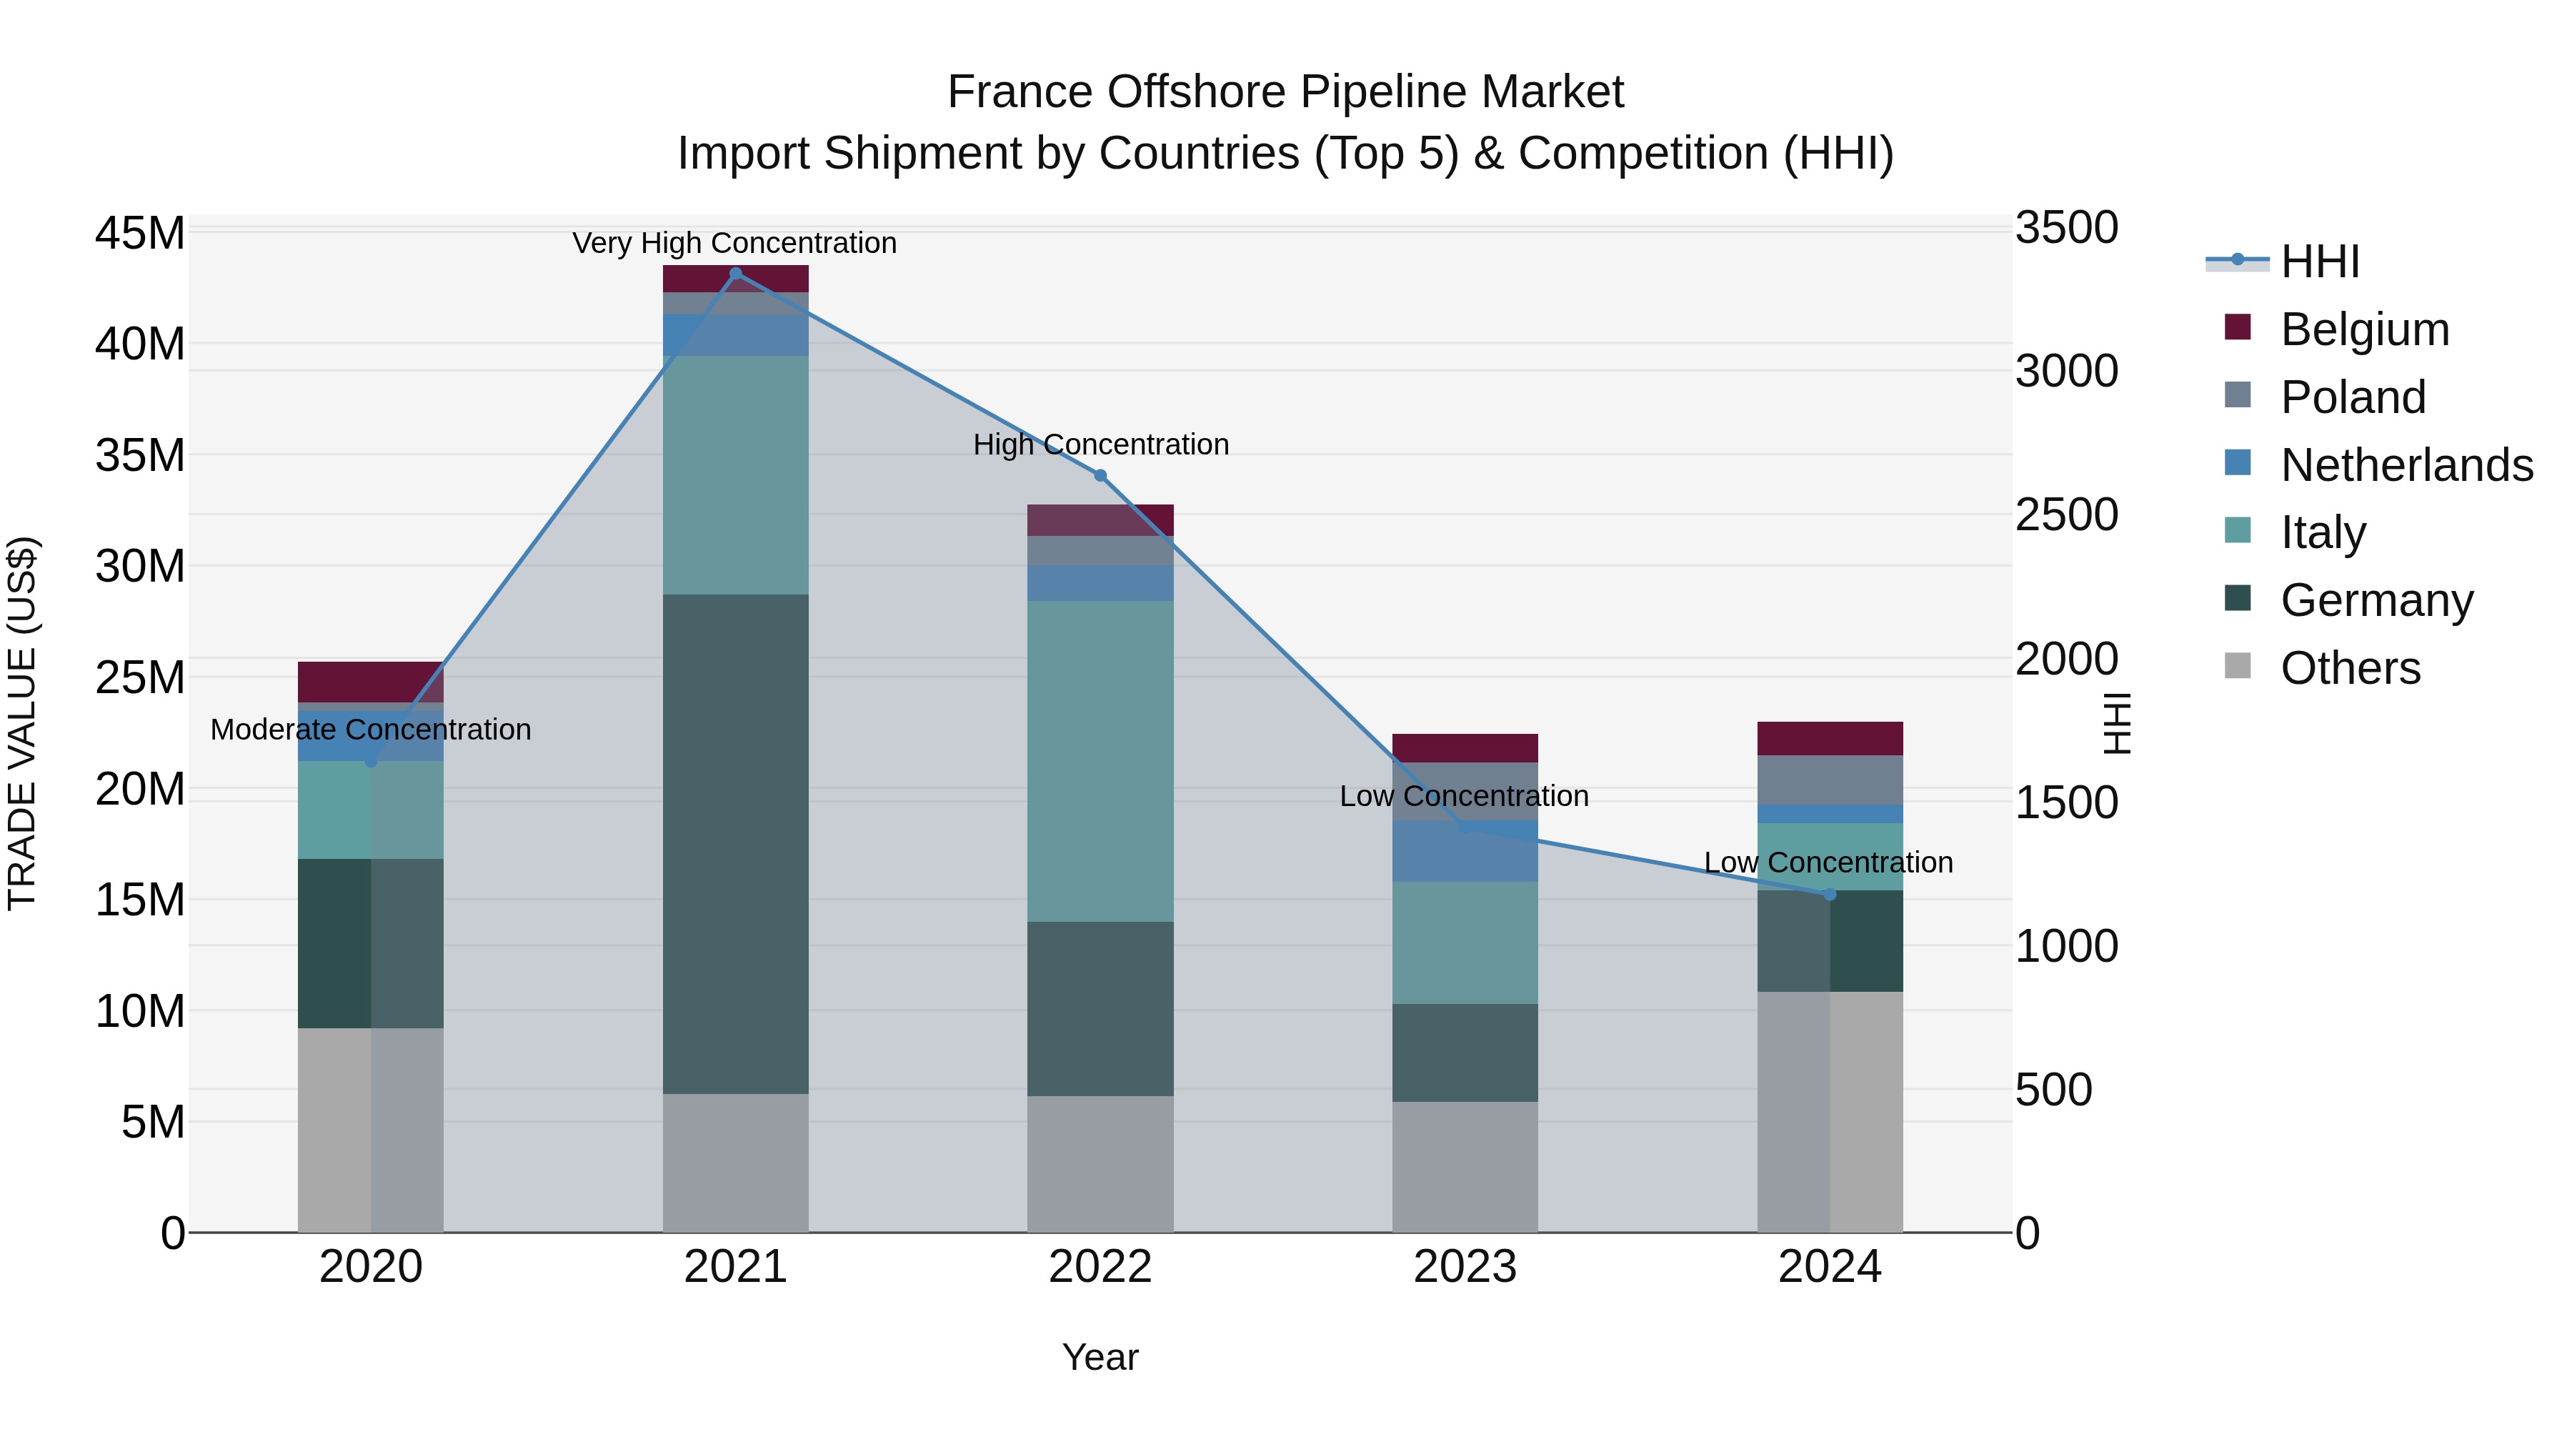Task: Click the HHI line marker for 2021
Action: (x=736, y=274)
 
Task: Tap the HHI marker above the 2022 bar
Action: (x=1100, y=475)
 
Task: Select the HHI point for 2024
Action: (x=1829, y=895)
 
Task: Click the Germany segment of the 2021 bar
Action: (x=736, y=844)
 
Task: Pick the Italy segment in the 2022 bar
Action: (x=1100, y=761)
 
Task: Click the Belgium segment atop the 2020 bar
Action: (x=370, y=682)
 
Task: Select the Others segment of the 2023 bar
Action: (x=1465, y=1166)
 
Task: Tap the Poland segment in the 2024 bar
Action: (x=1829, y=780)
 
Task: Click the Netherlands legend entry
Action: (x=2406, y=465)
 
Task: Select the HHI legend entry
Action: (x=2319, y=262)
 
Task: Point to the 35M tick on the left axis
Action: (x=140, y=455)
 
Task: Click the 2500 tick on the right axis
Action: (x=2065, y=515)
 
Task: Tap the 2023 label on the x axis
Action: (x=1465, y=1267)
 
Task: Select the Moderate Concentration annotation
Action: (x=370, y=730)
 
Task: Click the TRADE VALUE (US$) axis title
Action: (x=22, y=723)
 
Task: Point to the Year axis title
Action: (x=1100, y=1357)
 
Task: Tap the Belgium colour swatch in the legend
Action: (x=2238, y=327)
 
